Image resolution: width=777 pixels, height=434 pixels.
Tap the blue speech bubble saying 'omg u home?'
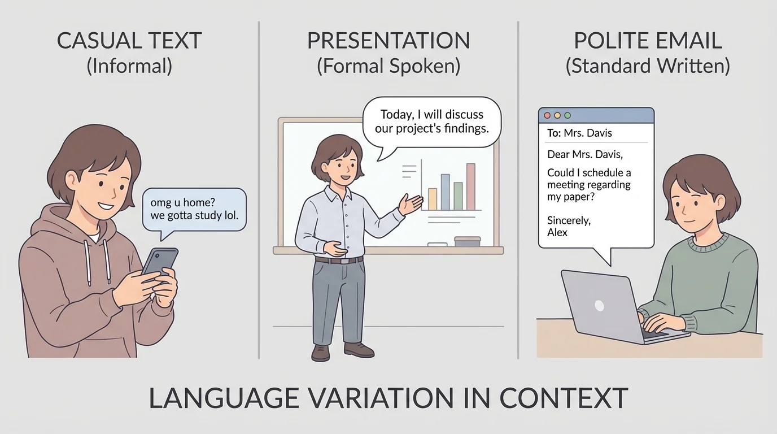(x=194, y=209)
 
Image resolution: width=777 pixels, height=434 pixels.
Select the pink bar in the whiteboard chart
(x=470, y=186)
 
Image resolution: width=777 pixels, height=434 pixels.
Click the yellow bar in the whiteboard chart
(x=433, y=199)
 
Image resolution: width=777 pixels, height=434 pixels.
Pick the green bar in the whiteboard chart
(x=458, y=196)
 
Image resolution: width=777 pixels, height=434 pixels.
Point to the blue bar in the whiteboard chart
(x=445, y=192)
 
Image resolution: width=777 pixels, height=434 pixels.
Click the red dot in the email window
(x=547, y=115)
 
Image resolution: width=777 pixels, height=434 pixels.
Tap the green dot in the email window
(x=568, y=115)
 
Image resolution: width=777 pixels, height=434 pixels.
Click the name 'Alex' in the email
(x=557, y=232)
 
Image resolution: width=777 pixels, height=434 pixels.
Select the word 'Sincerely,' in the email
(x=569, y=220)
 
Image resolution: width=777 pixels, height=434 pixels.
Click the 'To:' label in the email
(x=553, y=133)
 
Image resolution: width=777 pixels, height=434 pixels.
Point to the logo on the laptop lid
(x=599, y=306)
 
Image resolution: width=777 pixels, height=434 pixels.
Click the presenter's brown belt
(x=339, y=261)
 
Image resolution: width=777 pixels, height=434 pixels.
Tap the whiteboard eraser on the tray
(x=467, y=241)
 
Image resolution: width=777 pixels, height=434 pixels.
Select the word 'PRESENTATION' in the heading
(x=388, y=41)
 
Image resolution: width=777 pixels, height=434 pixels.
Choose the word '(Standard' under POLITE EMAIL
(x=604, y=66)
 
